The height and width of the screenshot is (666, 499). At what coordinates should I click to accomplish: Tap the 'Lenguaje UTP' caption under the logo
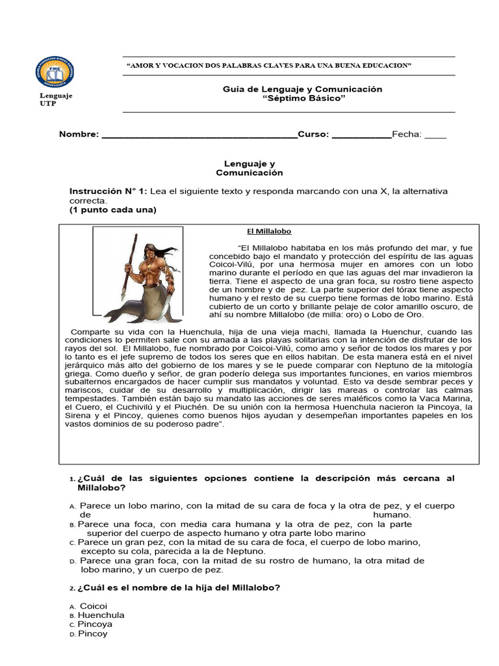pyautogui.click(x=56, y=100)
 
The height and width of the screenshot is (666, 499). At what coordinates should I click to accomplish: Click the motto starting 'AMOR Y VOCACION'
pyautogui.click(x=269, y=66)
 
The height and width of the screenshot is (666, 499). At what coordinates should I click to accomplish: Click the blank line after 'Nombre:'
pyautogui.click(x=198, y=135)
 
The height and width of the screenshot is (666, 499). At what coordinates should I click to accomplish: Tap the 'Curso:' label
pyautogui.click(x=313, y=135)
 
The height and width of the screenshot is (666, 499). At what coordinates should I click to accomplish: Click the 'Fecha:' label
pyautogui.click(x=406, y=135)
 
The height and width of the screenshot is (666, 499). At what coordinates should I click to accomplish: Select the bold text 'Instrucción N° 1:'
pyautogui.click(x=109, y=191)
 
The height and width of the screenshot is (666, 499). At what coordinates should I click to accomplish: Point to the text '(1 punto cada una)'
pyautogui.click(x=113, y=210)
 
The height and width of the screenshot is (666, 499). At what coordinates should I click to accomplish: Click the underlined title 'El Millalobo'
pyautogui.click(x=268, y=232)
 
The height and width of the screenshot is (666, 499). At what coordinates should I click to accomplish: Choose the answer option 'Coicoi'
pyautogui.click(x=93, y=606)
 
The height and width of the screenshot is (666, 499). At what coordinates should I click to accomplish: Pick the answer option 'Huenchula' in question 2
pyautogui.click(x=101, y=615)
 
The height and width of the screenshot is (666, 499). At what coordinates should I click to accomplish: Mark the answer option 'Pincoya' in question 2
pyautogui.click(x=95, y=624)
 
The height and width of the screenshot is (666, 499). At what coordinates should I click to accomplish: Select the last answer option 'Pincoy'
pyautogui.click(x=93, y=633)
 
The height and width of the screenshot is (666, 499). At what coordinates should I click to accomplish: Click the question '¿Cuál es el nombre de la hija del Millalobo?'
pyautogui.click(x=179, y=587)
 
